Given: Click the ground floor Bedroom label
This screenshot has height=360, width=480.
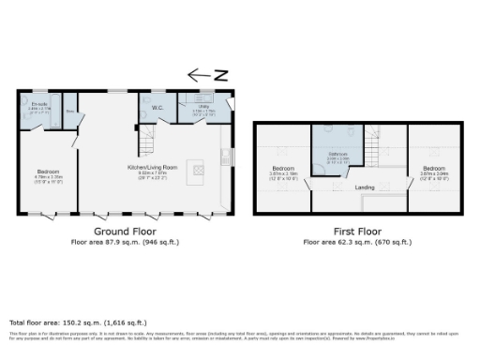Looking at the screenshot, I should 48,172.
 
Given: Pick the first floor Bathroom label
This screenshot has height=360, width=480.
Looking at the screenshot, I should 338,154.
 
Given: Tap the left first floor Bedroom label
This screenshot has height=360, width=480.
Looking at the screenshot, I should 282,171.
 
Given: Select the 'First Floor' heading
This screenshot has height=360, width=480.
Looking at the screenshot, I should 356,231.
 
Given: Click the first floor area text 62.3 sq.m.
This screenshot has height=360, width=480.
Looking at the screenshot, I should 356,242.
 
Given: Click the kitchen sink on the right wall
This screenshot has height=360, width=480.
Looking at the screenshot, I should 226,156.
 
